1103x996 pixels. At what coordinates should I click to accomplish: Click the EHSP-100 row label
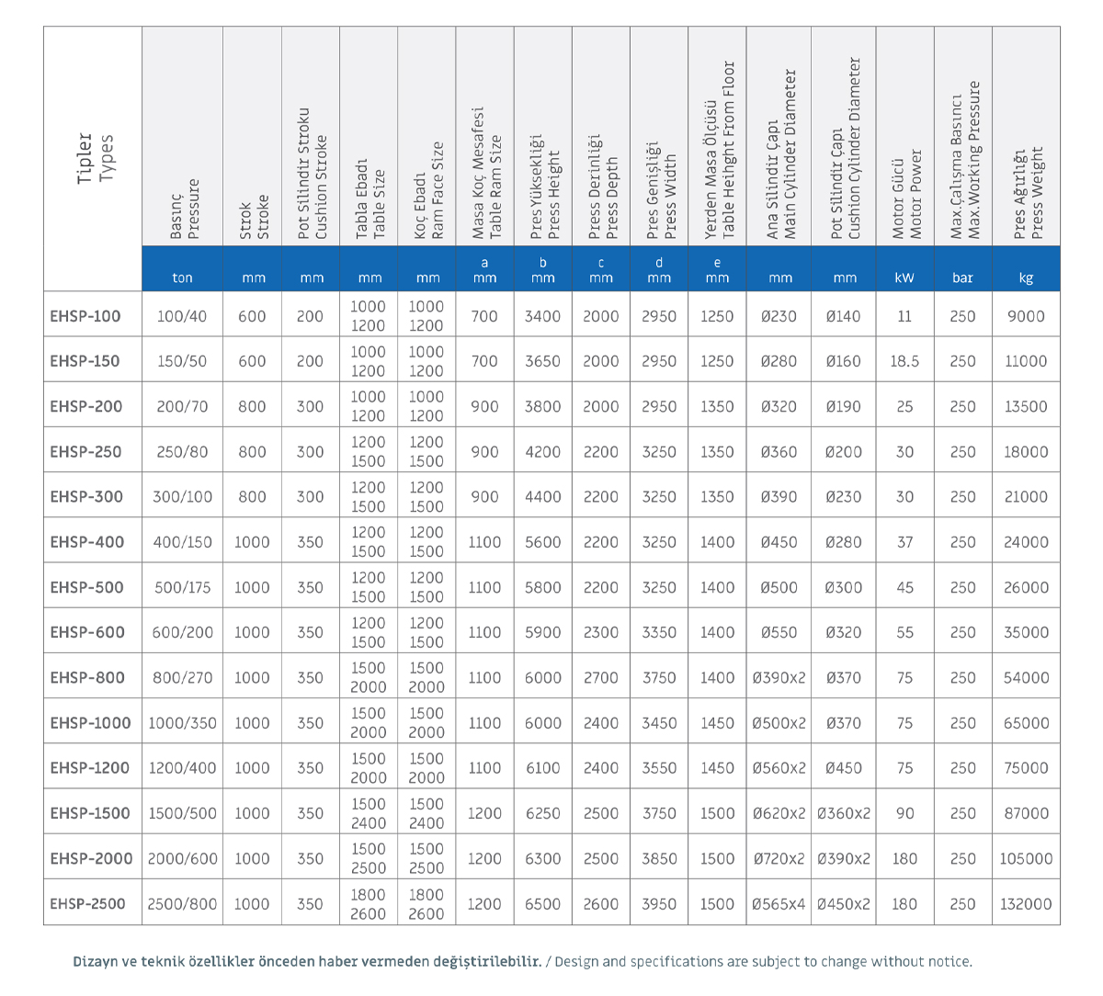(x=85, y=316)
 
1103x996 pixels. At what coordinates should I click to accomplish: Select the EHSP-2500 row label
(x=87, y=903)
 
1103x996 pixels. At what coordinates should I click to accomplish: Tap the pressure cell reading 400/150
(x=183, y=542)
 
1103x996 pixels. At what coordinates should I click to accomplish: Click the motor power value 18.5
(x=904, y=361)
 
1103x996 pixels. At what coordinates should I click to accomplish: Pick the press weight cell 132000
(x=1026, y=903)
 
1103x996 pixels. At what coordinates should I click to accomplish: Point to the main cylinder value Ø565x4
(x=779, y=903)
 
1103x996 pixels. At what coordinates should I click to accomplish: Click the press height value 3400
(x=542, y=316)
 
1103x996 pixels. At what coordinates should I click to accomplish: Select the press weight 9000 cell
(x=1026, y=316)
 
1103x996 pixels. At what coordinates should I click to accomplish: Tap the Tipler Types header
(x=95, y=158)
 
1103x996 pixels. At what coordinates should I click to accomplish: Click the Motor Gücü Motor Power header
(x=906, y=194)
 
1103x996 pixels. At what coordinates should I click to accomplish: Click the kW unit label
(x=904, y=277)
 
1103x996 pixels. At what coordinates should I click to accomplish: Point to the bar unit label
(x=962, y=277)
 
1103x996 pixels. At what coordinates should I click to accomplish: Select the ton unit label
(x=183, y=278)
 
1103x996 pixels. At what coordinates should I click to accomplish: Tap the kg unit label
(x=1026, y=278)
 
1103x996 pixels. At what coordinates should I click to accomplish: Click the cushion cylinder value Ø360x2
(x=844, y=813)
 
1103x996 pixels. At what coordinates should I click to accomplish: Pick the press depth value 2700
(x=601, y=678)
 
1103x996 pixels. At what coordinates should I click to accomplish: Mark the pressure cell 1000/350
(x=183, y=723)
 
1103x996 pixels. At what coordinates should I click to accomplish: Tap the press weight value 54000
(x=1026, y=678)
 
